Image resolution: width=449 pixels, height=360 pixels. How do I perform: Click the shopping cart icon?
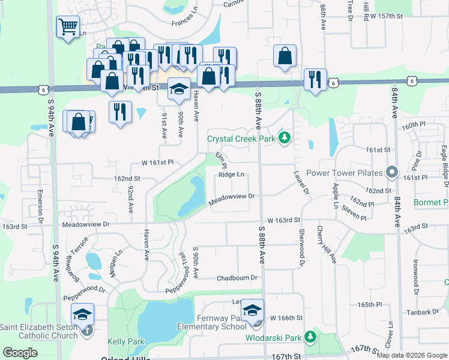(68, 26)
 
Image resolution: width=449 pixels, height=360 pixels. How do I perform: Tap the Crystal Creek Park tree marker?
(284, 139)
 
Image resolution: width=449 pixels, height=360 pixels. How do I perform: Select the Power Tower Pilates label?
(344, 173)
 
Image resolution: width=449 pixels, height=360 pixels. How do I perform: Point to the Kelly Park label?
(126, 341)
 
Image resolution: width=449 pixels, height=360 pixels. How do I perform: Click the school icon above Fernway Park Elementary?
(253, 310)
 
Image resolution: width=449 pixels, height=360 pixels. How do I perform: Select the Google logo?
(20, 352)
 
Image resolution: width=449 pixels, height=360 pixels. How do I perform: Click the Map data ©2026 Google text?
(411, 355)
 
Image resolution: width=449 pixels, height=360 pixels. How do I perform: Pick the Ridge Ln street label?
(231, 175)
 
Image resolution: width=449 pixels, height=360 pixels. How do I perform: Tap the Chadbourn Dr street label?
(237, 278)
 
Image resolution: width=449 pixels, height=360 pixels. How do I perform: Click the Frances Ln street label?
(184, 23)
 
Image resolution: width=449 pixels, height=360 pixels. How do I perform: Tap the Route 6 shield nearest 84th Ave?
(411, 80)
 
